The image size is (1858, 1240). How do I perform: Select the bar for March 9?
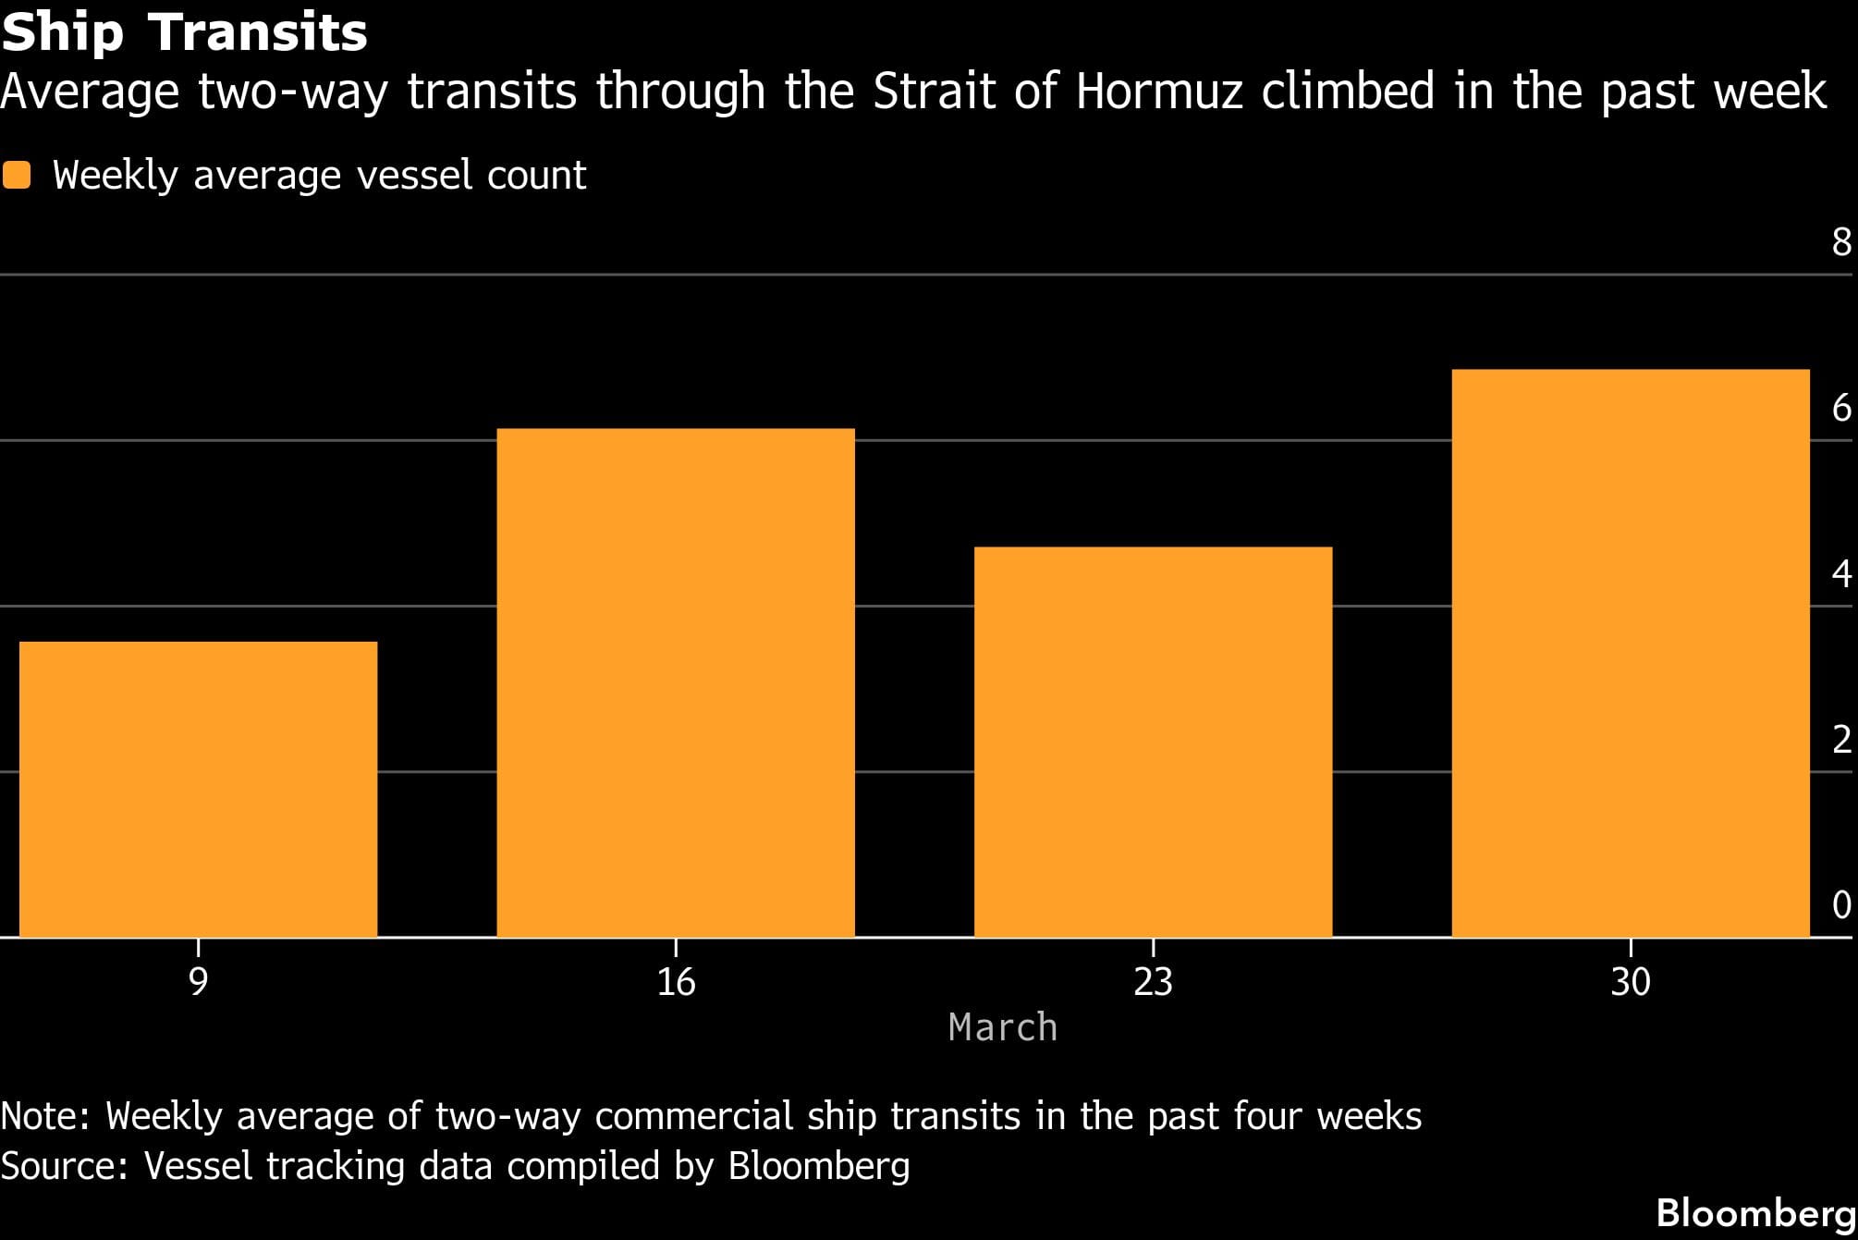pos(198,789)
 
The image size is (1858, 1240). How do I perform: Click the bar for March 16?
pos(676,682)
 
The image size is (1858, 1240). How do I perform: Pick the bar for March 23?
pos(1153,742)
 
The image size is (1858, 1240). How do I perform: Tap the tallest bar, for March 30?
pos(1630,653)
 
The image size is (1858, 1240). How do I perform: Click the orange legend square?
pos(17,175)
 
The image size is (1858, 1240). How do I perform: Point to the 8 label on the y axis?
pos(1841,242)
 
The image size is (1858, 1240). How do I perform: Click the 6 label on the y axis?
pos(1841,408)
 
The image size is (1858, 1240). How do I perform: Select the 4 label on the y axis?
pos(1841,574)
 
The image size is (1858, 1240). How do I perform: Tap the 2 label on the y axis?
pos(1841,740)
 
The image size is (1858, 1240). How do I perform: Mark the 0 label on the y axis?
pos(1841,905)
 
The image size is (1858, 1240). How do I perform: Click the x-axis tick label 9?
pos(198,981)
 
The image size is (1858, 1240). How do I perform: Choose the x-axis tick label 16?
pos(676,981)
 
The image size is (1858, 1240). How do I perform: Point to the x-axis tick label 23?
pos(1153,981)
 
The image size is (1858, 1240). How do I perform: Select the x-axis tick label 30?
pos(1630,981)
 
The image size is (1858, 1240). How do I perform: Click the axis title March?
pos(1003,1027)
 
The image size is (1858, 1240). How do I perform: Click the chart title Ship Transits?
pos(185,32)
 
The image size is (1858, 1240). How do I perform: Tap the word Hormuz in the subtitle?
pos(1159,92)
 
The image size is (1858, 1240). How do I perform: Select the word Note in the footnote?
pos(44,1116)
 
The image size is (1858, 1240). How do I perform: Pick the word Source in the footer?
pos(62,1165)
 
